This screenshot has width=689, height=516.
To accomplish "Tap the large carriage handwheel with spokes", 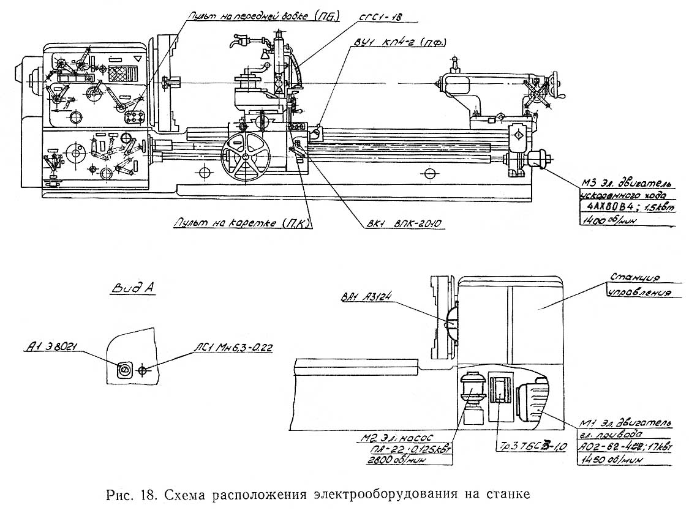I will (x=246, y=157).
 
